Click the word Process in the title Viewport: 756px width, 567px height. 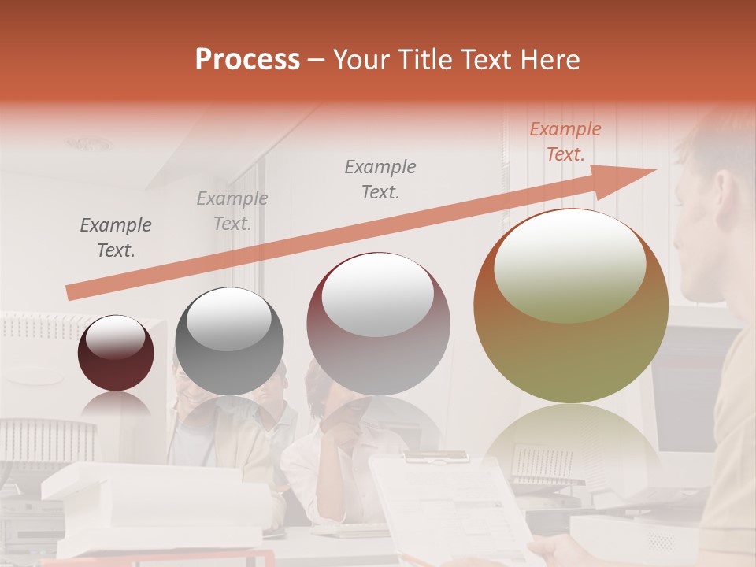pos(247,60)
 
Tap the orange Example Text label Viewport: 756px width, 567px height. pos(565,142)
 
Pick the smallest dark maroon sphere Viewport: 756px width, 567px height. pos(116,354)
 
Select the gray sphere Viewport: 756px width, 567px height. pos(229,341)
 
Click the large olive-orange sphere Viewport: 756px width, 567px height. pos(570,307)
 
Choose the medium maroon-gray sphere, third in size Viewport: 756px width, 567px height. pos(378,324)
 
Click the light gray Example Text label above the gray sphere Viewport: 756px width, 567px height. pos(232,211)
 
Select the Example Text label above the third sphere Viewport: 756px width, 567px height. pos(380,179)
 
